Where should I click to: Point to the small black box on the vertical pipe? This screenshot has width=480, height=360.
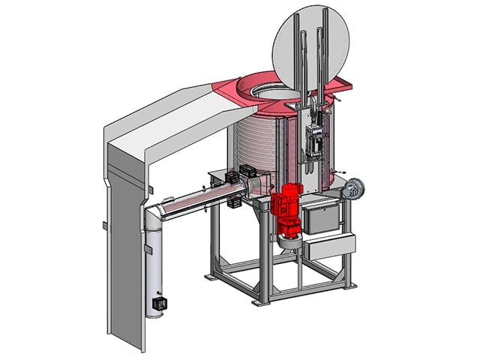pos(159,304)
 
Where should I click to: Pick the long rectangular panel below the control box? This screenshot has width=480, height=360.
pos(328,247)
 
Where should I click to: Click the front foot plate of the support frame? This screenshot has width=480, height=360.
pos(262,301)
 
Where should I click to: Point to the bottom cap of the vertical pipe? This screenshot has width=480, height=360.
pos(154,313)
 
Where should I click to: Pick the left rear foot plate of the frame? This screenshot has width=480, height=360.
pos(209,276)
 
